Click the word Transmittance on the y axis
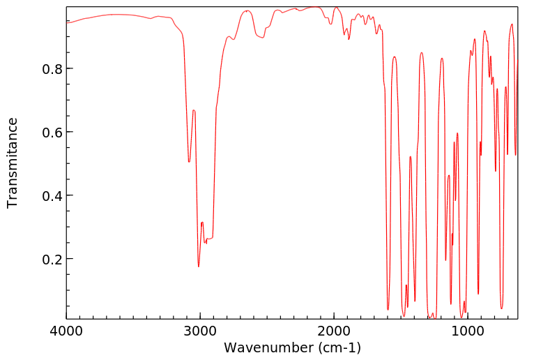(x=13, y=163)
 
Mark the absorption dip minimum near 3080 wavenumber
(x=189, y=162)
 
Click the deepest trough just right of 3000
(x=199, y=267)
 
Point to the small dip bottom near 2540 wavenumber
(x=262, y=38)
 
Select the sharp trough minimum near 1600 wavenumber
(x=388, y=309)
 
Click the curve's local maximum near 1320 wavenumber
(x=422, y=52)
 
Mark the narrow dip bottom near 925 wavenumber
(x=478, y=294)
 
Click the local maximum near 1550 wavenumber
(x=395, y=57)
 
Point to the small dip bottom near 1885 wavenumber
(x=349, y=39)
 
